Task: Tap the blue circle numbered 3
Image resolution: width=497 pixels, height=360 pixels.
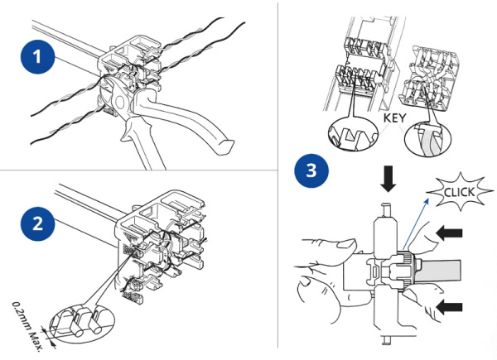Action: click(x=311, y=173)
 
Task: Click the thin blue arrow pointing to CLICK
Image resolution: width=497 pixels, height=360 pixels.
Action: click(x=417, y=219)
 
